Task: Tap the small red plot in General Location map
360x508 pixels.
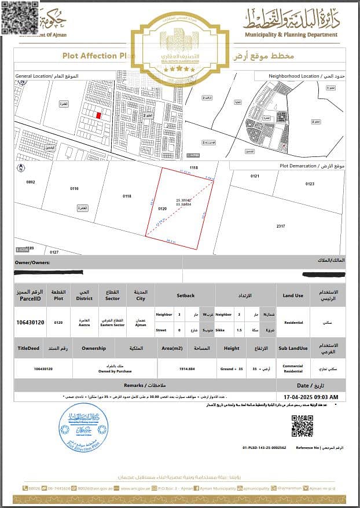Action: pyautogui.click(x=98, y=115)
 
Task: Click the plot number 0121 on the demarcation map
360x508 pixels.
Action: pyautogui.click(x=255, y=176)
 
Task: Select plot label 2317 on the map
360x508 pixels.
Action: pyautogui.click(x=281, y=226)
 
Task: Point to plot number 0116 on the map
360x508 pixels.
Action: pyautogui.click(x=74, y=188)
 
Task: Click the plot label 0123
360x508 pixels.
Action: pyautogui.click(x=310, y=184)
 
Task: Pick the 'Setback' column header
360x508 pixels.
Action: pyautogui.click(x=186, y=295)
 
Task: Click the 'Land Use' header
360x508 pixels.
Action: pyautogui.click(x=293, y=295)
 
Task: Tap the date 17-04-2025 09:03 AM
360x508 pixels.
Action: pyautogui.click(x=312, y=397)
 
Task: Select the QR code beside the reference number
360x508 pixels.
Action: pyautogui.click(x=302, y=426)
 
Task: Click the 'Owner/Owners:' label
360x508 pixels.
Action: pyautogui.click(x=32, y=262)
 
